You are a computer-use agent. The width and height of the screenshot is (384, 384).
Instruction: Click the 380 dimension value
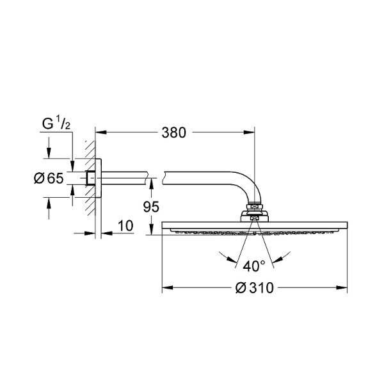click(173, 132)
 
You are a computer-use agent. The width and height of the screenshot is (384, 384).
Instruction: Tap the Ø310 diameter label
click(255, 288)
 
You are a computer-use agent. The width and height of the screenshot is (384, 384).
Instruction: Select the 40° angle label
click(254, 266)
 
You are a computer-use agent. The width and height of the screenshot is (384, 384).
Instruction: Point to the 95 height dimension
click(151, 207)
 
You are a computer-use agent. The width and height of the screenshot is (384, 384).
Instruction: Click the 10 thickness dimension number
click(125, 226)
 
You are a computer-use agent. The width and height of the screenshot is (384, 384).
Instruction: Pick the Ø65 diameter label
click(49, 178)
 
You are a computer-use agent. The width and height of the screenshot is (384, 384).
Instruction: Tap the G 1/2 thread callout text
click(56, 124)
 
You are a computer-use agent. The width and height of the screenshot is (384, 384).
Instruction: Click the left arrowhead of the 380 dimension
click(101, 132)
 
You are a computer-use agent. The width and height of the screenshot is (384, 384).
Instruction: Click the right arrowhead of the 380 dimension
click(249, 132)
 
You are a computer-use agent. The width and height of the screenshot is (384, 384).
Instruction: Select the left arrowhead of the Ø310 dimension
click(168, 287)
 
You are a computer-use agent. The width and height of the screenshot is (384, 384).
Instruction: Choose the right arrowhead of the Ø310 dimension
click(342, 287)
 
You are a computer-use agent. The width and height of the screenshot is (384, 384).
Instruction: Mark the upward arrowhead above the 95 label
click(151, 184)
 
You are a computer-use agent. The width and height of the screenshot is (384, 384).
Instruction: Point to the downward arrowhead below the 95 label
click(151, 229)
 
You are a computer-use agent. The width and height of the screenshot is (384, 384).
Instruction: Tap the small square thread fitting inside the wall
click(90, 178)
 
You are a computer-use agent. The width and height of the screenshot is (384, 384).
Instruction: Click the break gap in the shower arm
click(155, 178)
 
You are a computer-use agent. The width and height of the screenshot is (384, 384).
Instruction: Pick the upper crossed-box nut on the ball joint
click(255, 207)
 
